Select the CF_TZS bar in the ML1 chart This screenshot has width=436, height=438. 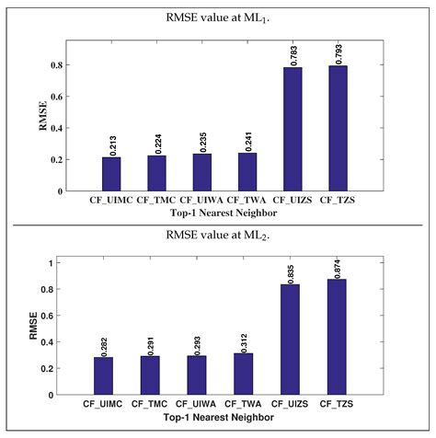pos(338,129)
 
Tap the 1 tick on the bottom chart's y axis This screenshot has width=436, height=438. pos(53,263)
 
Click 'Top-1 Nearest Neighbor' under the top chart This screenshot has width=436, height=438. pos(224,212)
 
